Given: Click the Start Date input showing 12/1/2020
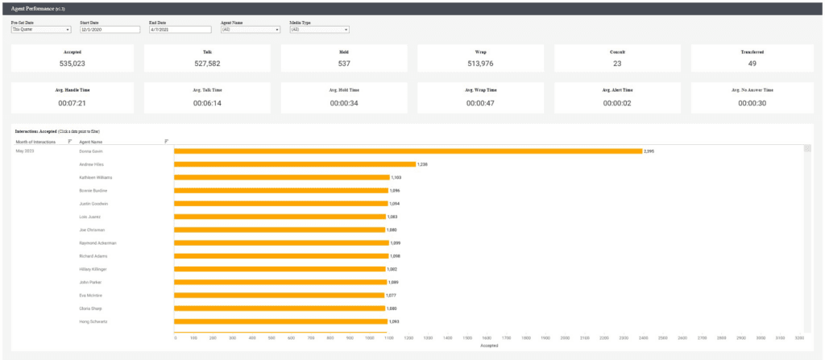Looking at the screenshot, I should [x=110, y=30].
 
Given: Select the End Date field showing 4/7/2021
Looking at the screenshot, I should [x=180, y=30].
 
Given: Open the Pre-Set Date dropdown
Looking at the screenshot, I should [x=41, y=30].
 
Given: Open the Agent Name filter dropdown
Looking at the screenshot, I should [x=250, y=30].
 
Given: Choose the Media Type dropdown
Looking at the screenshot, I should [x=319, y=30].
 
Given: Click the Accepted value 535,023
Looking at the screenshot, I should [x=73, y=63].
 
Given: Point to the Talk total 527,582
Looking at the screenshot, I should [x=207, y=63].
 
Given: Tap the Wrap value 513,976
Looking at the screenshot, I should [x=480, y=63].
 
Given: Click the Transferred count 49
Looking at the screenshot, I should [x=752, y=63].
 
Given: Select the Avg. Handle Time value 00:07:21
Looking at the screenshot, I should [x=73, y=102].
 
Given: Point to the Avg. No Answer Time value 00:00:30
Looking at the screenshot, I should [x=752, y=102].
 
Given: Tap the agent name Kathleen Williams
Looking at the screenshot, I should [x=96, y=177].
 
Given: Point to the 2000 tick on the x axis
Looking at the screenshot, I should [x=565, y=338].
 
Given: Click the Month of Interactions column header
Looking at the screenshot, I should [x=36, y=142].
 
